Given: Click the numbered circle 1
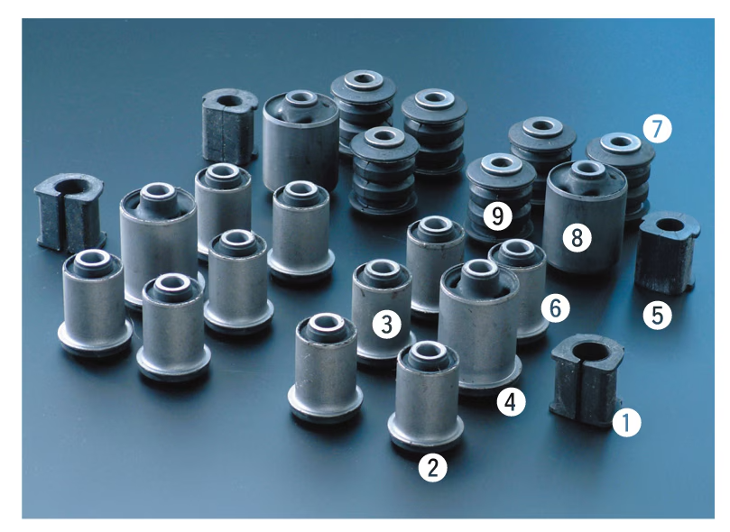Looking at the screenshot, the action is pyautogui.click(x=626, y=423).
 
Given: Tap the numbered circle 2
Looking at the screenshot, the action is pyautogui.click(x=432, y=467).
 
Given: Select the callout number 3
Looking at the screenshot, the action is pyautogui.click(x=387, y=324).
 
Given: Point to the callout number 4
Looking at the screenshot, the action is pyautogui.click(x=511, y=402).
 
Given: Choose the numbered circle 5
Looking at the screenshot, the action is pyautogui.click(x=658, y=316).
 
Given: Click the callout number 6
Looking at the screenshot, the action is pyautogui.click(x=556, y=307).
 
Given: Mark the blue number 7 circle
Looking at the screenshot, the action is pyautogui.click(x=658, y=129).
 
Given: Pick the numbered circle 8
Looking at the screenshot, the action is pyautogui.click(x=577, y=238).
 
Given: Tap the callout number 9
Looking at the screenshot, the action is pyautogui.click(x=498, y=216).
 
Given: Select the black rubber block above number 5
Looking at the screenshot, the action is pyautogui.click(x=667, y=253).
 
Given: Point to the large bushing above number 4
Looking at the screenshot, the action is pyautogui.click(x=479, y=326).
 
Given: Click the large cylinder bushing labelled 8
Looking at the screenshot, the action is pyautogui.click(x=586, y=216).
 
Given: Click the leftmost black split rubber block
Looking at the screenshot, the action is pyautogui.click(x=69, y=212).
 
